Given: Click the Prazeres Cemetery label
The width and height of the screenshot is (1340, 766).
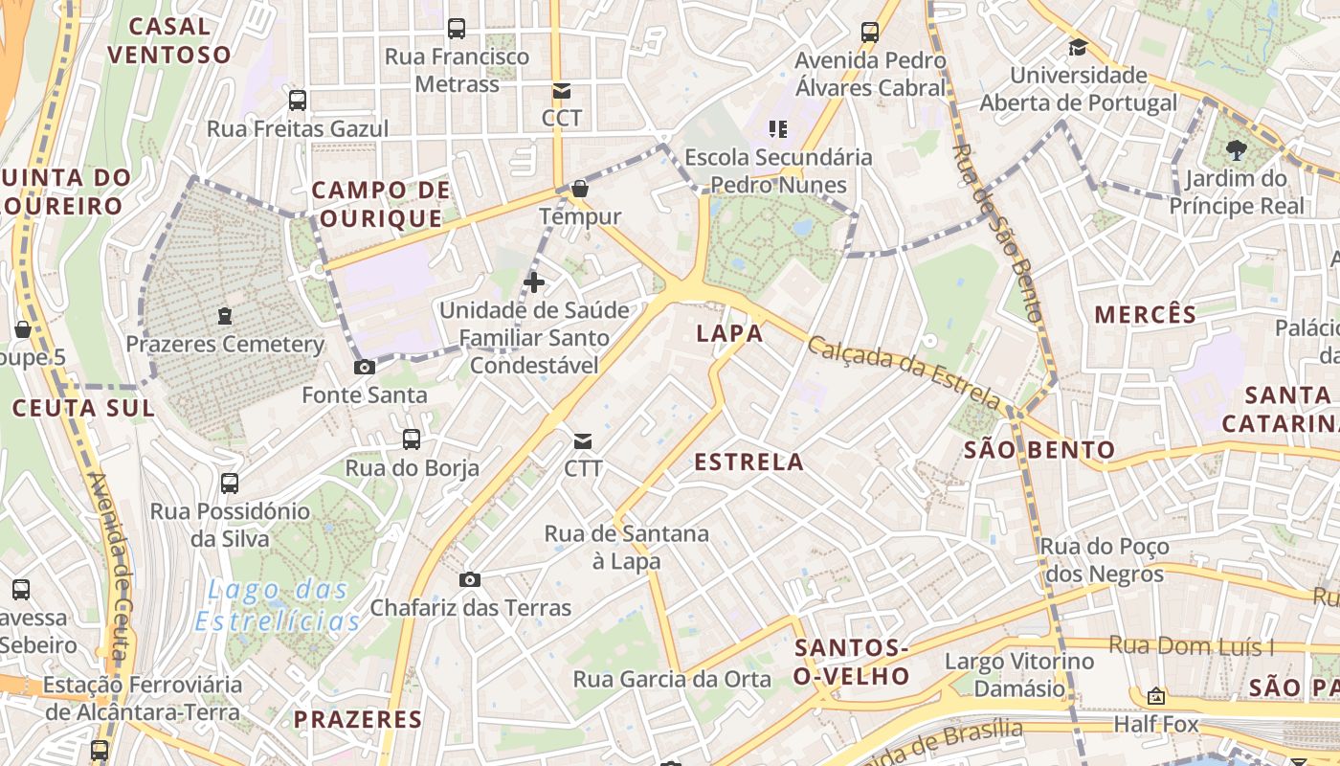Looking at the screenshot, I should (x=226, y=345).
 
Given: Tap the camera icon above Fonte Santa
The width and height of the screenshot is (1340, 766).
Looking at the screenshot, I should (x=364, y=367).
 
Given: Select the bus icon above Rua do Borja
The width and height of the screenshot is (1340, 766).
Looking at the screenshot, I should (x=412, y=439).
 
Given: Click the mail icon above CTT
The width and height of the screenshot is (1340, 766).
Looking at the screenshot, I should (x=583, y=441).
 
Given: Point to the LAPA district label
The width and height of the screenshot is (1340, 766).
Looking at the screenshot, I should (x=730, y=333).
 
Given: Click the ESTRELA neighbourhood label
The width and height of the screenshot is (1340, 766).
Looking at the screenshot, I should (x=748, y=462).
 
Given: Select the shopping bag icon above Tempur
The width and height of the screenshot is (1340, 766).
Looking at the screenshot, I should (x=579, y=189).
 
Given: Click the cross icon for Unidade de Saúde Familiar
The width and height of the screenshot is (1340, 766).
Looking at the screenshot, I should (x=534, y=282).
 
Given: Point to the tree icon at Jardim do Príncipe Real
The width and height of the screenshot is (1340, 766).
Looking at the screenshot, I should (x=1236, y=149).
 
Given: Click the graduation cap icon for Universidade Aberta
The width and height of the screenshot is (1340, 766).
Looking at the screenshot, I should (x=1078, y=47).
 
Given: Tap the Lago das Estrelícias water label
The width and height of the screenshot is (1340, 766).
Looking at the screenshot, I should (x=278, y=605).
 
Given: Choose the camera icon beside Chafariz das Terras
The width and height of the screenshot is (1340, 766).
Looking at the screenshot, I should (x=469, y=579).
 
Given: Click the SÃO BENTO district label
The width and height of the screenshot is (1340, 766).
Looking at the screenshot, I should (x=1039, y=450).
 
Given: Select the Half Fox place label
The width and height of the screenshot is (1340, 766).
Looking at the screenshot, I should (x=1156, y=724).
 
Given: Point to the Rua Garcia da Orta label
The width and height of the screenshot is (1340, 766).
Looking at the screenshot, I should (x=672, y=680).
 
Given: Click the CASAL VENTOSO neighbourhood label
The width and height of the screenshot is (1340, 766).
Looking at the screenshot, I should (x=168, y=40).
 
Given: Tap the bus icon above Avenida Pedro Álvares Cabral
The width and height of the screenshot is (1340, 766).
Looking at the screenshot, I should (x=870, y=32).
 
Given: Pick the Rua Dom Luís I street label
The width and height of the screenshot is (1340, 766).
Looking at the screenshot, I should (x=1192, y=645).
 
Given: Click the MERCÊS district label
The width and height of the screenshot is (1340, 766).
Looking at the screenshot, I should (x=1145, y=314).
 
